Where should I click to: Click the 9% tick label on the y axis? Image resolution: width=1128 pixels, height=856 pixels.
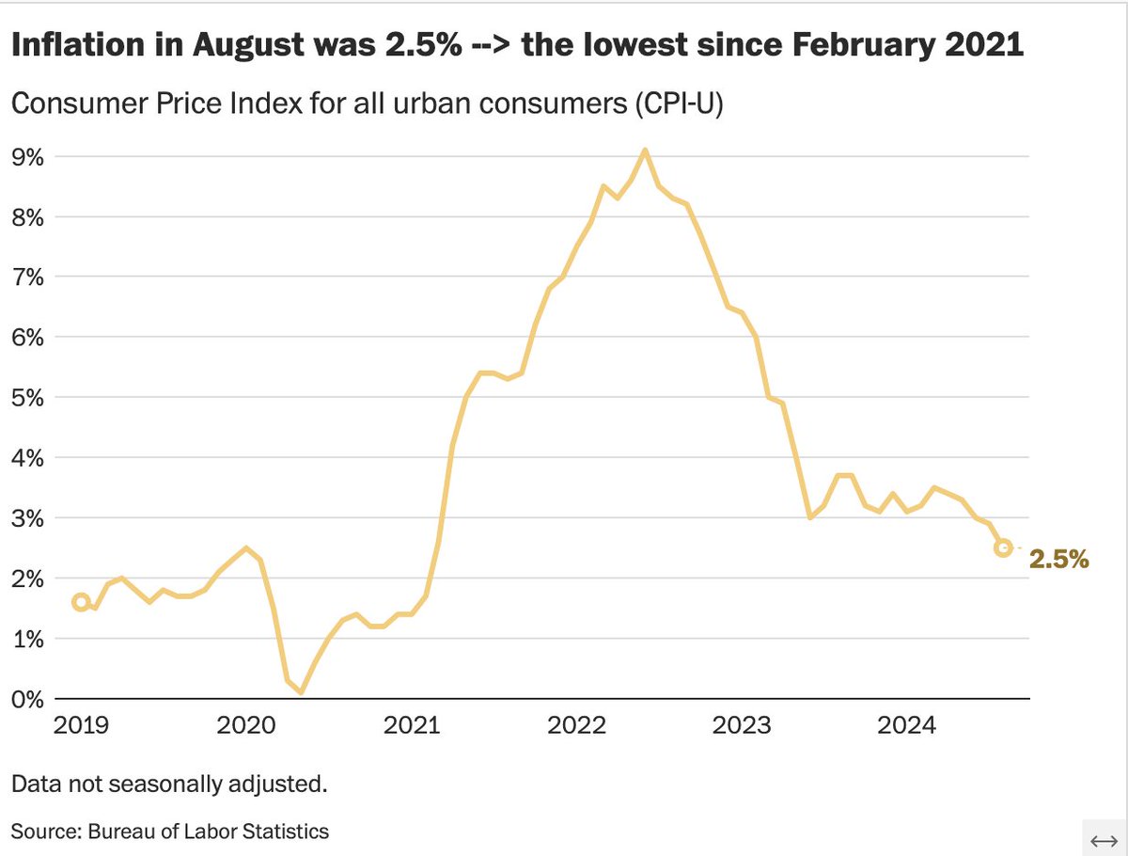[x=27, y=157]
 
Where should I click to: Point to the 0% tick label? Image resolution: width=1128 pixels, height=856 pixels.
[x=27, y=699]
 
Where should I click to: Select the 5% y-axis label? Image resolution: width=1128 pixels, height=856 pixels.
[x=27, y=398]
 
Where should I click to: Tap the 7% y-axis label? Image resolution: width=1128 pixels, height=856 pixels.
[x=27, y=277]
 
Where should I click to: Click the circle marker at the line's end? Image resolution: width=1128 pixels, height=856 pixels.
[x=1003, y=547]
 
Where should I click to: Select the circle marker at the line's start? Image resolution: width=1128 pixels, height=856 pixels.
[x=81, y=602]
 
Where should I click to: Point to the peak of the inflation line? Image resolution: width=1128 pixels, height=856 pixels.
[x=644, y=150]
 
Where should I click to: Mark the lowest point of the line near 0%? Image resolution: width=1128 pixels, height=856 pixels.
[x=301, y=692]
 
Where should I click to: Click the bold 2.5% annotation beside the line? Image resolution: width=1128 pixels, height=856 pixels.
[x=1058, y=560]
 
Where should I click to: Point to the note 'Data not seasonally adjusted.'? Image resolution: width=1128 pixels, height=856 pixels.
[x=169, y=784]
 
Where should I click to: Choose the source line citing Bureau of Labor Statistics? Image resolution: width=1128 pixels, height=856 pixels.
[x=169, y=831]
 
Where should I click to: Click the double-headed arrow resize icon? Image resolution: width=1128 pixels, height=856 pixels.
[x=1101, y=838]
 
